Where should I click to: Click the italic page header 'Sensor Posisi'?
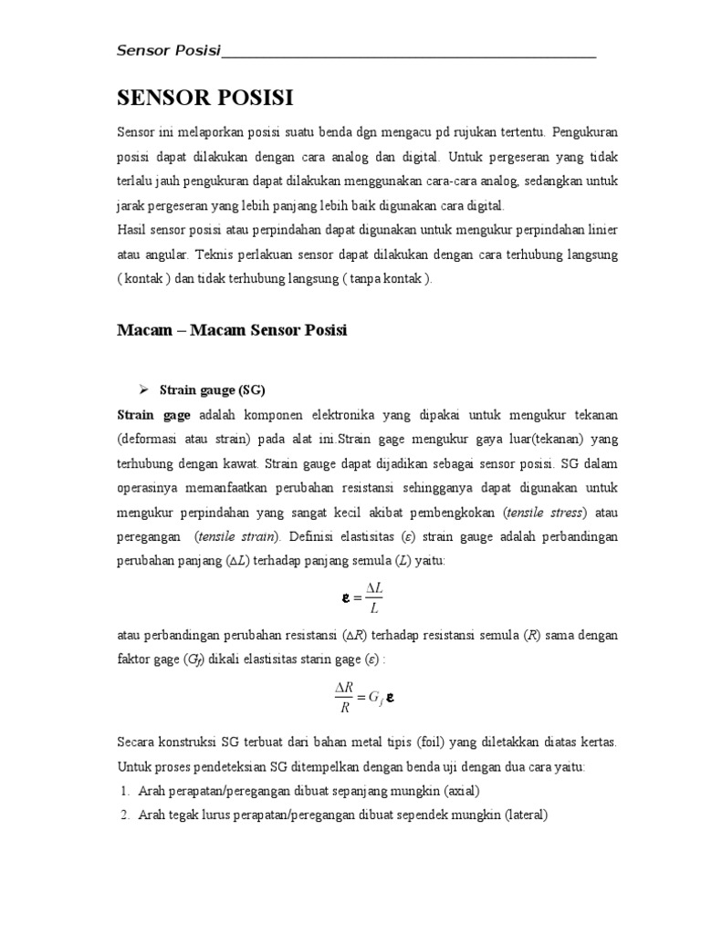pyautogui.click(x=170, y=50)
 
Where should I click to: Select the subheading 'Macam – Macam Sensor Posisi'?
pyautogui.click(x=232, y=330)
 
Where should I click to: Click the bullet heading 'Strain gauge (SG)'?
pyautogui.click(x=212, y=390)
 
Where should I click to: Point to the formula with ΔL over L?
pyautogui.click(x=362, y=599)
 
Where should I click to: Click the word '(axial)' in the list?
pyautogui.click(x=461, y=791)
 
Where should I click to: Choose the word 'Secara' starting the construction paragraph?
pyautogui.click(x=138, y=743)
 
